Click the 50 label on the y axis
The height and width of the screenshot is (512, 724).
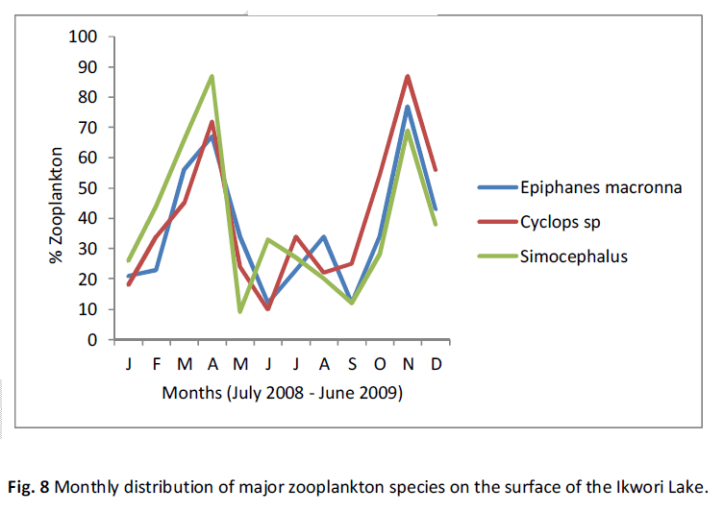pyautogui.click(x=88, y=188)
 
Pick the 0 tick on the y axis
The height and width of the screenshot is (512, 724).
pyautogui.click(x=93, y=340)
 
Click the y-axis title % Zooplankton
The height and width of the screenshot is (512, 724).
pyautogui.click(x=58, y=205)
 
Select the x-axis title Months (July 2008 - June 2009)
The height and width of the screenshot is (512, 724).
pyautogui.click(x=282, y=393)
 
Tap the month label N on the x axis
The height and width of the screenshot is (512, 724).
pyautogui.click(x=408, y=365)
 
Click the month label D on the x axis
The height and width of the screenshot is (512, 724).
pyautogui.click(x=436, y=365)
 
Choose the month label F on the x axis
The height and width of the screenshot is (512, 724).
pyautogui.click(x=157, y=365)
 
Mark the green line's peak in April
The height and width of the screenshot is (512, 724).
pyautogui.click(x=212, y=76)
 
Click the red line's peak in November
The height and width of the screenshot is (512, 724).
pyautogui.click(x=408, y=76)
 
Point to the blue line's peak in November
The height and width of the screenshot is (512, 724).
pyautogui.click(x=408, y=107)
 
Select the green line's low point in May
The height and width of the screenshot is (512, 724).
pyautogui.click(x=239, y=311)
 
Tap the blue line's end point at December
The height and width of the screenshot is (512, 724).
pyautogui.click(x=436, y=209)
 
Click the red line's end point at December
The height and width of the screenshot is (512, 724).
pyautogui.click(x=436, y=170)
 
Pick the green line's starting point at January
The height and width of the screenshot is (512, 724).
pyautogui.click(x=129, y=260)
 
